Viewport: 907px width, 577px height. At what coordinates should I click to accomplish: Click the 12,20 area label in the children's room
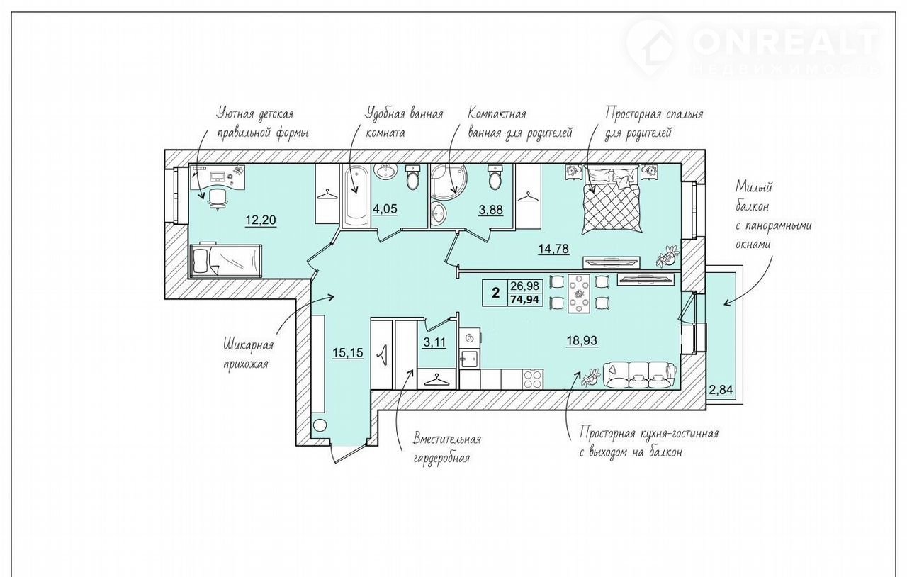(261, 220)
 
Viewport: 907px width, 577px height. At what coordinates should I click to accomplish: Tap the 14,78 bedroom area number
(553, 248)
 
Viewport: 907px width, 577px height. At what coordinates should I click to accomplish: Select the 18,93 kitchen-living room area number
(582, 341)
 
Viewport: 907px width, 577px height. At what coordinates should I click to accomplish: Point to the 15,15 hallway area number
(348, 353)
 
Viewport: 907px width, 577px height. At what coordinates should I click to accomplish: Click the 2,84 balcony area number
(721, 390)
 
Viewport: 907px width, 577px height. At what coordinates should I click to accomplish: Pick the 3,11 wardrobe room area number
(434, 342)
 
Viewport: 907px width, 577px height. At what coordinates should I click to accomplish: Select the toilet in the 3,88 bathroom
(495, 177)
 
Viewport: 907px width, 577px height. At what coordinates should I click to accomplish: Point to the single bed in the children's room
(225, 259)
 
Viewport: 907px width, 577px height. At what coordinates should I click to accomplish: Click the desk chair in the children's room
(217, 199)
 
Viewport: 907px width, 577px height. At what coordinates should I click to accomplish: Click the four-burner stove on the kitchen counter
(533, 379)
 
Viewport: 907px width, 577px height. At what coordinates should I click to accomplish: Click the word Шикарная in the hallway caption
(248, 346)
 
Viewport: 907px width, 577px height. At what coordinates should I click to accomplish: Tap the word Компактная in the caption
(497, 113)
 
